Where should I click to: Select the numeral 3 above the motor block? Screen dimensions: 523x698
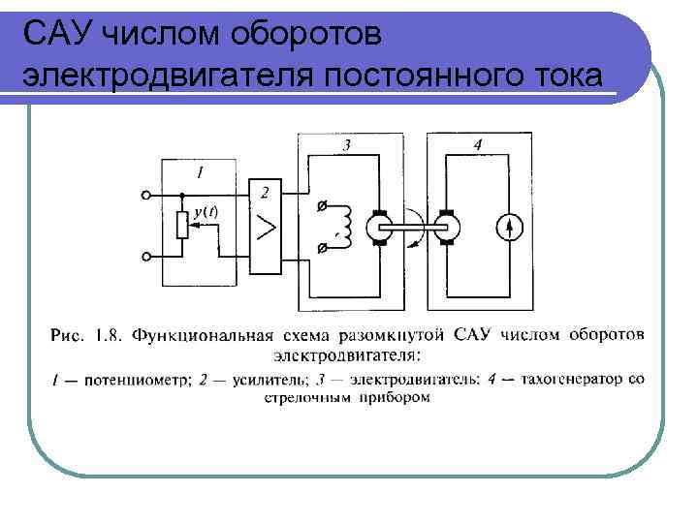point(347,145)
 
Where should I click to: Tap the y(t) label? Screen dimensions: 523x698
point(206,210)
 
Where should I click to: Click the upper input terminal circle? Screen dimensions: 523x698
point(145,195)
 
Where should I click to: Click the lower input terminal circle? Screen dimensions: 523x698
point(145,257)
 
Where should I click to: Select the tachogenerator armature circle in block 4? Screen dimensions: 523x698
point(447,229)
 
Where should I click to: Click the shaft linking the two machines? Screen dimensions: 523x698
point(411,229)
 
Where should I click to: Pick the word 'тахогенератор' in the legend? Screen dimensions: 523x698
point(576,380)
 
